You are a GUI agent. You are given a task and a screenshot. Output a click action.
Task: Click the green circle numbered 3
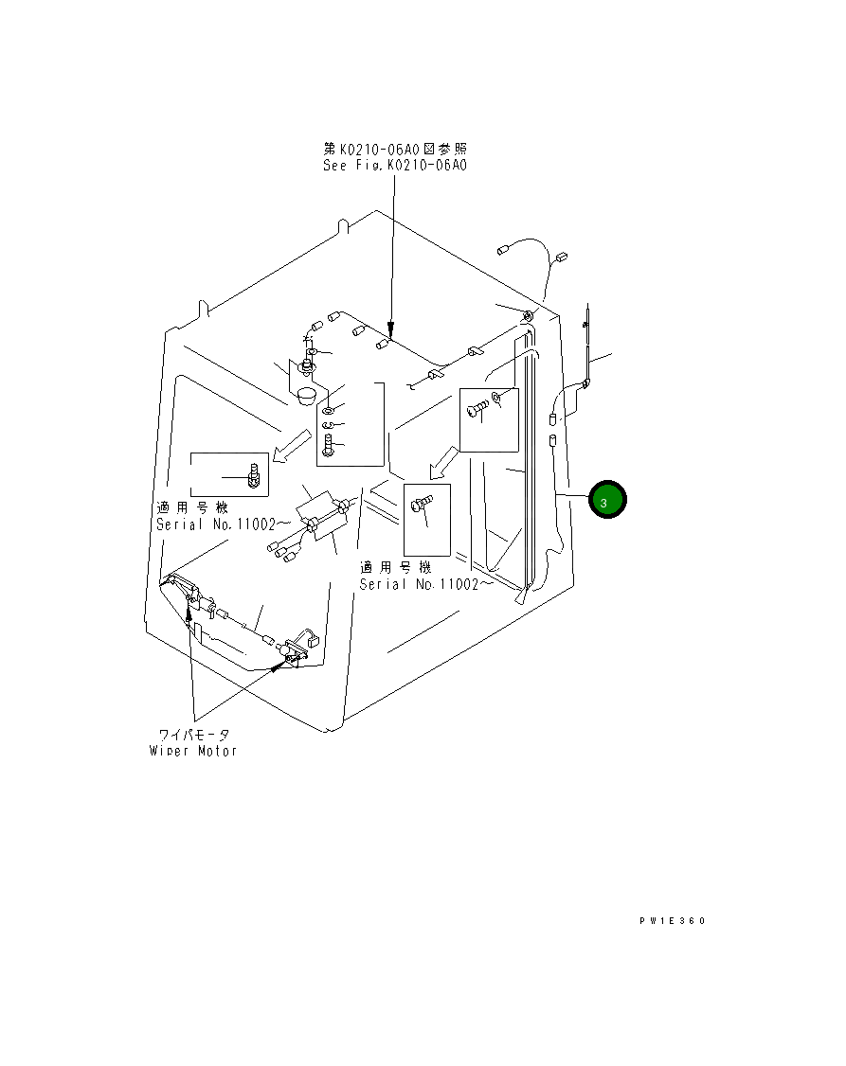606,500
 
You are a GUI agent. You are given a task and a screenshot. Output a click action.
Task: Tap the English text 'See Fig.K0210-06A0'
395,165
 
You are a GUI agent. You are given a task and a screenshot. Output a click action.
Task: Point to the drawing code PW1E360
672,920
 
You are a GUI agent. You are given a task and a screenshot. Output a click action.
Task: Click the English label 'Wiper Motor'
193,751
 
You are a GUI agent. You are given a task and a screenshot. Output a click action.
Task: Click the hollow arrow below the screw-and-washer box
441,464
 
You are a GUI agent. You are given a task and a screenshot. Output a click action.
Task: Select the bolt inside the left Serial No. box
253,473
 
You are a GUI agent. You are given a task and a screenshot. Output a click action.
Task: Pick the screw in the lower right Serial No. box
421,506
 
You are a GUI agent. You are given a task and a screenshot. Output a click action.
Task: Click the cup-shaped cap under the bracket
306,393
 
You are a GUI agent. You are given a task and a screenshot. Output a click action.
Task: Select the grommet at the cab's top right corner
528,314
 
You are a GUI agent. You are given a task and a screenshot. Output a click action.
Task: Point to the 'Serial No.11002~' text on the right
425,584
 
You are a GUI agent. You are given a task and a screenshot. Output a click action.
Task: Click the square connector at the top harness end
560,256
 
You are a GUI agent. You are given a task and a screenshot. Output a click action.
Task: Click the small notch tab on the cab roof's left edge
203,310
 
